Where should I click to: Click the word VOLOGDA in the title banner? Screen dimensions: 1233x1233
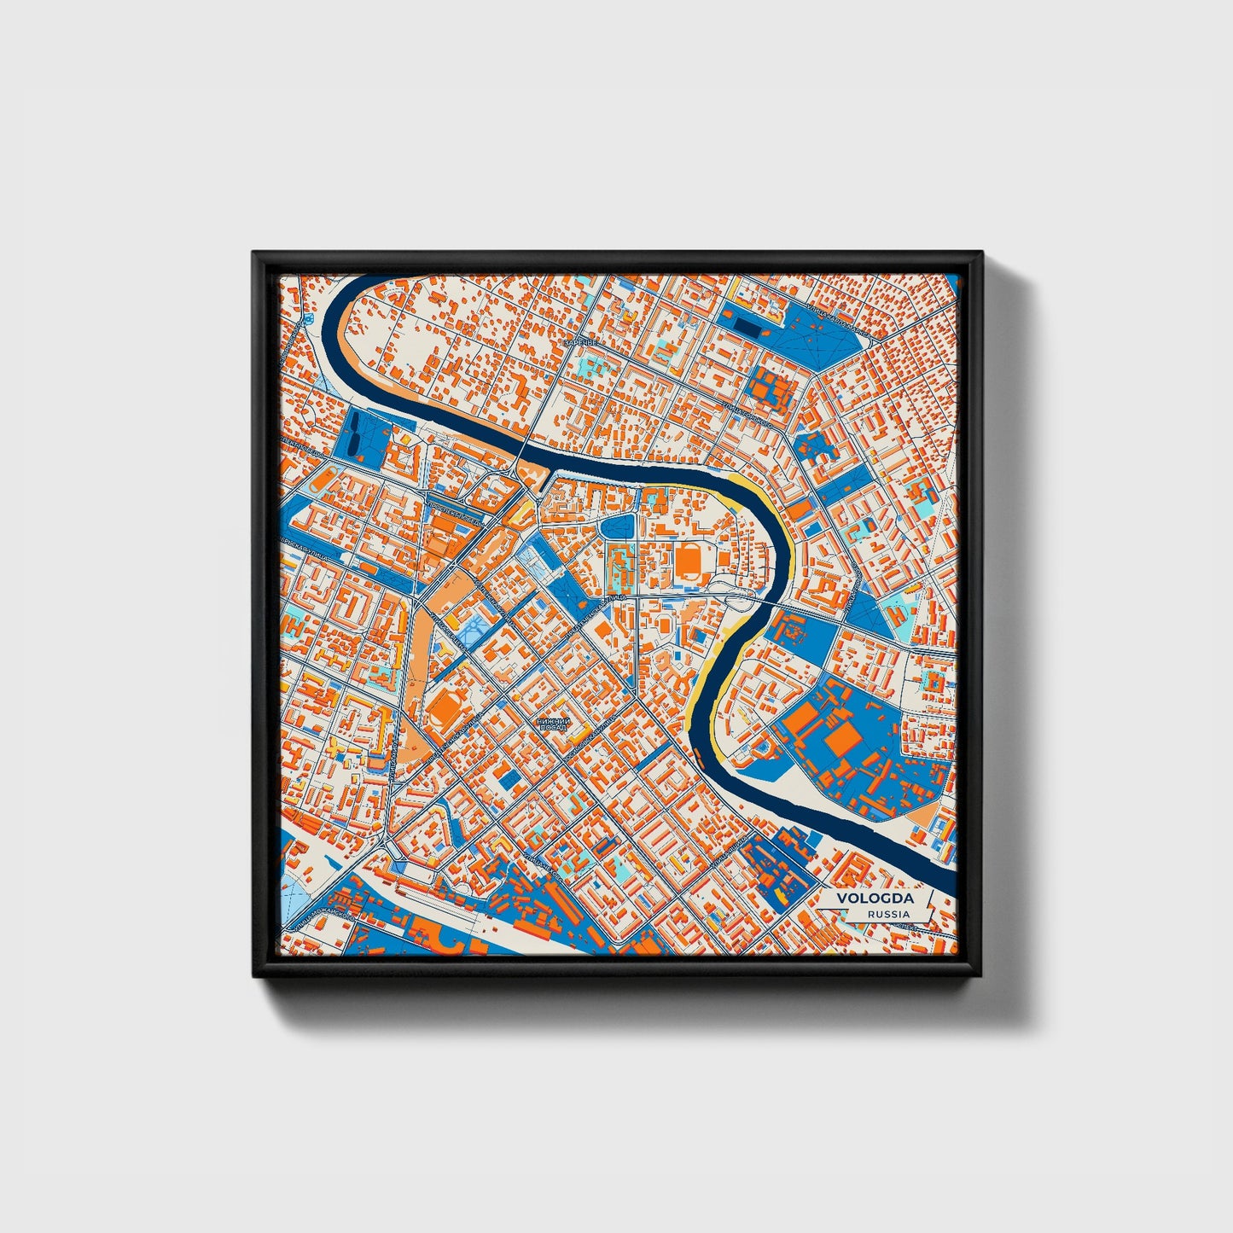(x=875, y=899)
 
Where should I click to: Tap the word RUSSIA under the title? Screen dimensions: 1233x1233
(x=887, y=914)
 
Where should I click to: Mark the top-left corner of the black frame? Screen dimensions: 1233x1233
(x=254, y=253)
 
